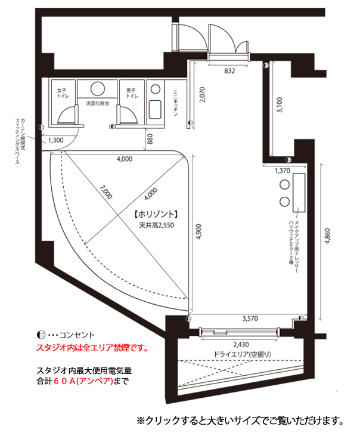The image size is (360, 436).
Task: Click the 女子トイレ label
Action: pyautogui.click(x=63, y=93)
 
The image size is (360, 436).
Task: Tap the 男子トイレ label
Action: pyautogui.click(x=132, y=93)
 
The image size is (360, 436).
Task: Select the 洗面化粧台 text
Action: pyautogui.click(x=98, y=103)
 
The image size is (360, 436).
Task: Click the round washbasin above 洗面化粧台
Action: pyautogui.click(x=98, y=89)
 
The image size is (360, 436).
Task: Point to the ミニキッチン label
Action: pyautogui.click(x=175, y=103)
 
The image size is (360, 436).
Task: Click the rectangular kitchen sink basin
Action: pyautogui.click(x=156, y=110)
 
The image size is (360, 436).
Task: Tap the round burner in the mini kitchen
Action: pyautogui.click(x=156, y=89)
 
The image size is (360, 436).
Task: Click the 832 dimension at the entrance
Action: pyautogui.click(x=229, y=71)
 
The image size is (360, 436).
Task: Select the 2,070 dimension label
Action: pyautogui.click(x=202, y=95)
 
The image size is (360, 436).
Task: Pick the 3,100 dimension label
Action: pyautogui.click(x=280, y=104)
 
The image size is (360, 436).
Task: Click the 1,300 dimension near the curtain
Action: pyautogui.click(x=55, y=140)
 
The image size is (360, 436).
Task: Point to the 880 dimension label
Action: pyautogui.click(x=150, y=139)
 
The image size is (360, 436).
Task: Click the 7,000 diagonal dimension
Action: pyautogui.click(x=106, y=192)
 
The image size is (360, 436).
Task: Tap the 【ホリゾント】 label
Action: pyautogui.click(x=156, y=214)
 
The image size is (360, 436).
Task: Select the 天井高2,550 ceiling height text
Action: pyautogui.click(x=157, y=225)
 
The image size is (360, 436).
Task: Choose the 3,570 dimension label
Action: pyautogui.click(x=250, y=319)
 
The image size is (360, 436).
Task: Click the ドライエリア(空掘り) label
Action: pyautogui.click(x=242, y=354)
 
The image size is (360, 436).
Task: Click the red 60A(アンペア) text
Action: pyautogui.click(x=83, y=381)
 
